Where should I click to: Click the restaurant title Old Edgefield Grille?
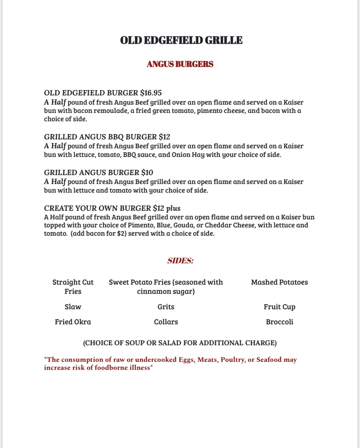(x=181, y=40)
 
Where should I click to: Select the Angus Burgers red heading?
(x=180, y=64)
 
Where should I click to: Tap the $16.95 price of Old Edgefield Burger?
(x=151, y=93)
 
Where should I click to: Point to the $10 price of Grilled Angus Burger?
(x=147, y=173)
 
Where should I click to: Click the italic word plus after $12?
(x=173, y=208)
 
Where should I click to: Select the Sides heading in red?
(x=180, y=261)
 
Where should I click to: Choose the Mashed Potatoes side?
(x=279, y=282)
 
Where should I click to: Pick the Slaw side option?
(x=73, y=307)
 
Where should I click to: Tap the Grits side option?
(x=166, y=307)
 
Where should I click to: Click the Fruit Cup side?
(x=279, y=307)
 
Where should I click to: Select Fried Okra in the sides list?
(x=73, y=322)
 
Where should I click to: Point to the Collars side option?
(x=166, y=322)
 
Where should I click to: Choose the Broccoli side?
(x=279, y=322)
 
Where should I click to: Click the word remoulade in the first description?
(x=111, y=111)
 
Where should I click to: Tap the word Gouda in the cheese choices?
(x=183, y=225)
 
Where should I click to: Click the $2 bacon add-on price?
(x=121, y=234)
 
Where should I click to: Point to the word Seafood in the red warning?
(x=269, y=360)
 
